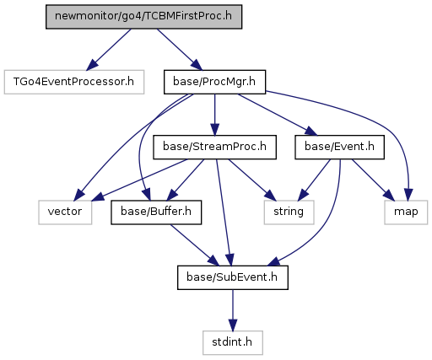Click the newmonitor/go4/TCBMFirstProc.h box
[x=143, y=17]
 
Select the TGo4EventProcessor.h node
[x=74, y=82]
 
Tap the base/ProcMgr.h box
[x=214, y=82]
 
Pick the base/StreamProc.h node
[x=214, y=147]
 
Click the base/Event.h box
[x=339, y=147]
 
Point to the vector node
[x=65, y=212]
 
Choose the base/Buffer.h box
[x=156, y=212]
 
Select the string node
[x=289, y=212]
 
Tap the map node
[x=406, y=212]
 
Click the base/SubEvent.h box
[x=233, y=277]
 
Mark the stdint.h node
[x=233, y=342]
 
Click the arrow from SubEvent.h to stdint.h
[x=233, y=310]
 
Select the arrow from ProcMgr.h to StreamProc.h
[x=215, y=115]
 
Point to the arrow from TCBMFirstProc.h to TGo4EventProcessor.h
[x=109, y=50]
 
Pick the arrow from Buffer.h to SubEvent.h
[x=195, y=245]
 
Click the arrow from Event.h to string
[x=315, y=180]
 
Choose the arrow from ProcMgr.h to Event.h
[x=278, y=115]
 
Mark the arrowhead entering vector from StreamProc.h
[x=98, y=196]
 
